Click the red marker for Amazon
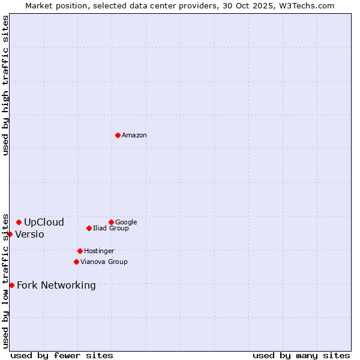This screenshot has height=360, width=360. pyautogui.click(x=118, y=135)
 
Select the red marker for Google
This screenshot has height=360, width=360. pyautogui.click(x=111, y=222)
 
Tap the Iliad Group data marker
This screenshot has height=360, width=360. pyautogui.click(x=89, y=228)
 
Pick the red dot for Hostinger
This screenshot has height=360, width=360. pyautogui.click(x=80, y=251)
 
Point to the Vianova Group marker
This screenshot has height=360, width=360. pyautogui.click(x=76, y=262)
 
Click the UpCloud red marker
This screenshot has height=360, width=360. pyautogui.click(x=19, y=222)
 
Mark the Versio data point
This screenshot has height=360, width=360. pyautogui.click(x=10, y=234)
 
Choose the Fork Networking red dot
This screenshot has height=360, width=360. pyautogui.click(x=11, y=285)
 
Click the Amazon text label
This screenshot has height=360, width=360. pyautogui.click(x=134, y=136)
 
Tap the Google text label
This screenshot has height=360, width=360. pyautogui.click(x=126, y=223)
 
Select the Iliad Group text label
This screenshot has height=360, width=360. pyautogui.click(x=111, y=229)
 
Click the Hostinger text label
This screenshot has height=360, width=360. pyautogui.click(x=99, y=251)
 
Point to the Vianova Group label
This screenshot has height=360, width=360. pyautogui.click(x=104, y=262)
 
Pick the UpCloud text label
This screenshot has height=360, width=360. pyautogui.click(x=44, y=223)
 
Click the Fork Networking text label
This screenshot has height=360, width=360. pyautogui.click(x=56, y=286)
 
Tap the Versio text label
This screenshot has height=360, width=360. pyautogui.click(x=29, y=235)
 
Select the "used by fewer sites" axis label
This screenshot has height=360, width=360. pyautogui.click(x=62, y=355)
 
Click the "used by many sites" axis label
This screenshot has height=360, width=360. pyautogui.click(x=301, y=355)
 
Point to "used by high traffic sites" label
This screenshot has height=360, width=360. pyautogui.click(x=6, y=85)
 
